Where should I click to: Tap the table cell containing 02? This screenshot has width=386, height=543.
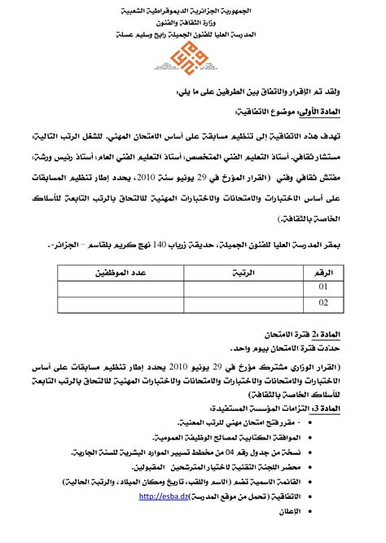coord(323,303)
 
